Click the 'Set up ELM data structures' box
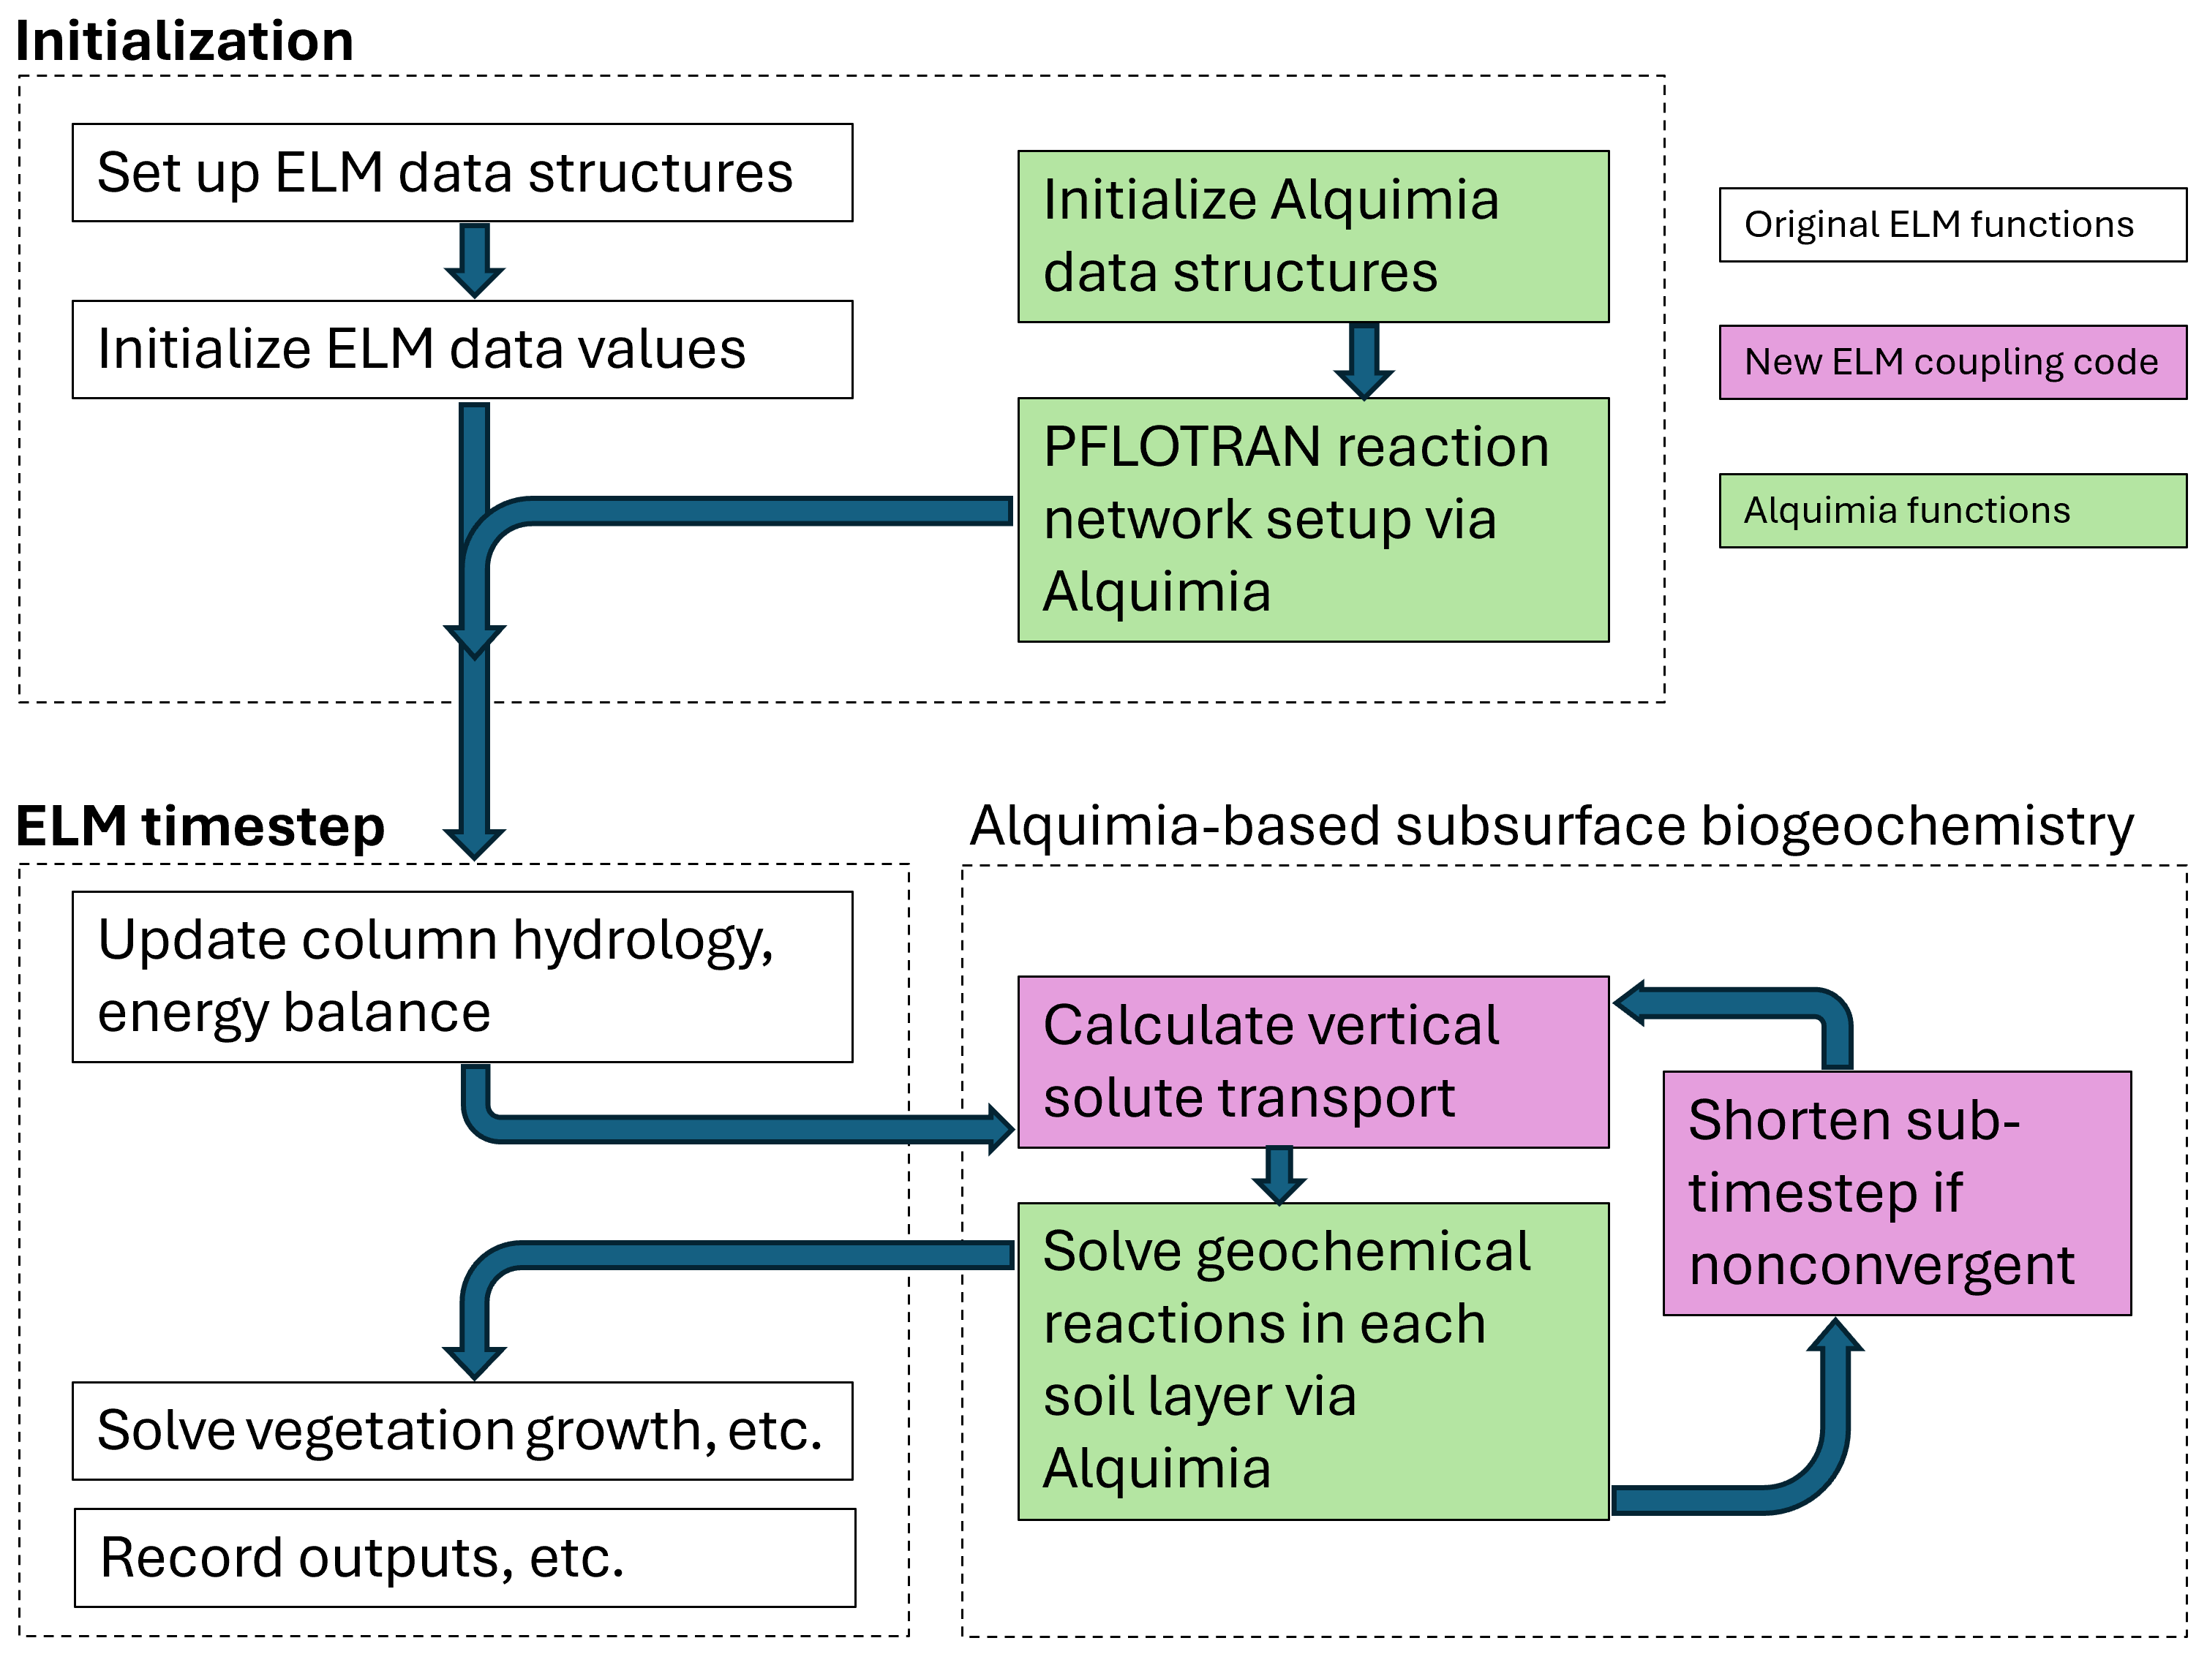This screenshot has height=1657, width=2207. point(462,173)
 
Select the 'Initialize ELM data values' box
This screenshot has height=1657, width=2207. point(462,349)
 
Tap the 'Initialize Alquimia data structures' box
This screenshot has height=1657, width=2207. point(1312,236)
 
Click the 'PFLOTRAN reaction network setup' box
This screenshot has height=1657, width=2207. point(1312,518)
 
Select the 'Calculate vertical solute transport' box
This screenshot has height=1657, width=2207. point(1312,1062)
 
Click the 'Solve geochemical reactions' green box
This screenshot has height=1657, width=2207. point(1312,1361)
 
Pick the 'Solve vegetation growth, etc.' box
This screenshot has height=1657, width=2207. point(462,1430)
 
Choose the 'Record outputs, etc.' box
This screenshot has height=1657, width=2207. point(464,1558)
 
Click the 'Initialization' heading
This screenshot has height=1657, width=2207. point(184,42)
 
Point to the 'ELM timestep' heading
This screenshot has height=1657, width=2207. point(200,826)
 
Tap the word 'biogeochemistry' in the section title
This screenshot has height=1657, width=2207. point(1916,826)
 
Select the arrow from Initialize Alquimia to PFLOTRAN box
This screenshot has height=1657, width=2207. point(1364,360)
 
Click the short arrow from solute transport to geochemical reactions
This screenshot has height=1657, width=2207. point(1279,1175)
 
